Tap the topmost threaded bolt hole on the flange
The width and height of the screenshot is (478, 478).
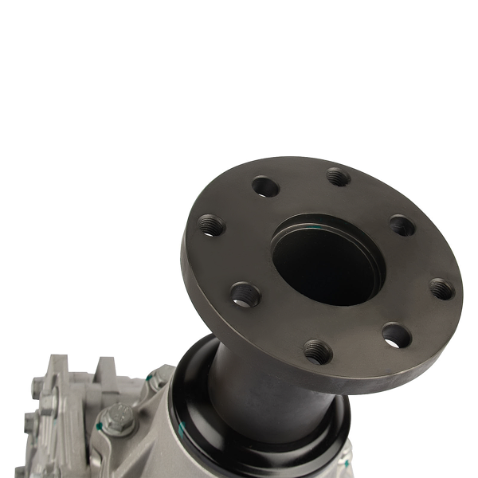(338, 176)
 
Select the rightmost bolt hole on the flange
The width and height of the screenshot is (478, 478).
(441, 288)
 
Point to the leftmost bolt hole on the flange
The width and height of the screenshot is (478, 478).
(211, 225)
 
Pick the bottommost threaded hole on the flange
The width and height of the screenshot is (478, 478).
(317, 351)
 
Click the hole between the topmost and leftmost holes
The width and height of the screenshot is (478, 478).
(265, 186)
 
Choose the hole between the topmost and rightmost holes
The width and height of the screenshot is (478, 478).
(402, 225)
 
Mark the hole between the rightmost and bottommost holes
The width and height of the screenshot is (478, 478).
(395, 335)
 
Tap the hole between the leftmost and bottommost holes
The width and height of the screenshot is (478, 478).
(245, 294)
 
